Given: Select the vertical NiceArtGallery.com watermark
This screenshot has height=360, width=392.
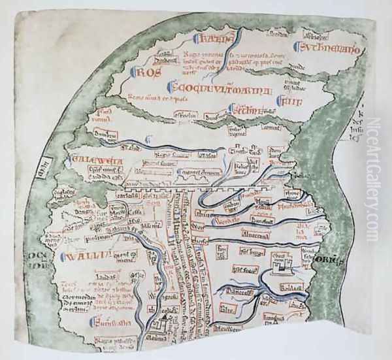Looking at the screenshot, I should [373, 180].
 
